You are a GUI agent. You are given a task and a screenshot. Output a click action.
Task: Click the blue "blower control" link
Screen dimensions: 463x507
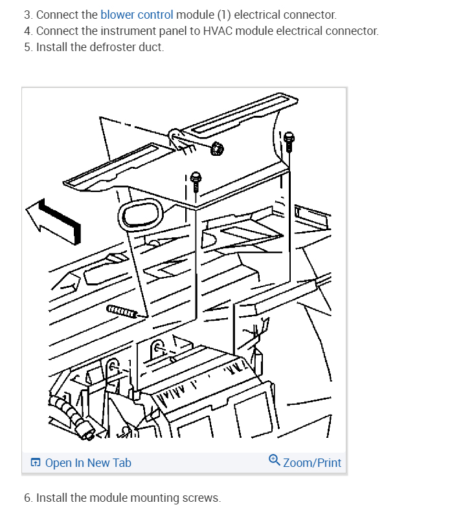pyautogui.click(x=137, y=14)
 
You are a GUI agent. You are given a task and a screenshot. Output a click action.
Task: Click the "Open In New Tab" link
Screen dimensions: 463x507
pyautogui.click(x=88, y=462)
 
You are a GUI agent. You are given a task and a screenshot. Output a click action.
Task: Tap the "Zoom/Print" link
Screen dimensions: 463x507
pyautogui.click(x=312, y=462)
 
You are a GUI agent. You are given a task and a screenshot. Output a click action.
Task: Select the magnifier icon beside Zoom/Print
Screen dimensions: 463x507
pyautogui.click(x=275, y=460)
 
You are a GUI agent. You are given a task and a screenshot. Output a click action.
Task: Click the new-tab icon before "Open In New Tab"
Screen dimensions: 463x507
pyautogui.click(x=36, y=462)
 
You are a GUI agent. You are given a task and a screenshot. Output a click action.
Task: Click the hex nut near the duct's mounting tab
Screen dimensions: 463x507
pyautogui.click(x=218, y=149)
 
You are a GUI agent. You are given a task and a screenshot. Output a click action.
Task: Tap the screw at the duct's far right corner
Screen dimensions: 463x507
pyautogui.click(x=289, y=139)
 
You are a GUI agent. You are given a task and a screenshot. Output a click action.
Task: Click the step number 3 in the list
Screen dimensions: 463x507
pyautogui.click(x=27, y=14)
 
